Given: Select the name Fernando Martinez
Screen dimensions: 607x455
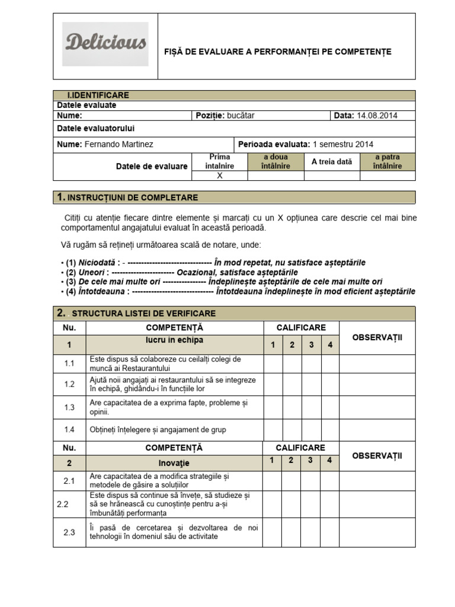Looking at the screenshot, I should [x=119, y=144].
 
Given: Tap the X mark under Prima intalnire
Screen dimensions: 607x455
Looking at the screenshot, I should [x=219, y=176].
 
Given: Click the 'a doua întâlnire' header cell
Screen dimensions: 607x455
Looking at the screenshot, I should [x=275, y=162].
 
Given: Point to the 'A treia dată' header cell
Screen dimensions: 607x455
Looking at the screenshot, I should [x=332, y=162].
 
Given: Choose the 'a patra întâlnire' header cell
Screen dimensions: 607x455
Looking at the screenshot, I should [x=387, y=162].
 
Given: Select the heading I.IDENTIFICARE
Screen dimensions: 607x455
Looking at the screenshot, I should [x=98, y=95].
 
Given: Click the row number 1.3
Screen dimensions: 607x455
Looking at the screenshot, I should [x=69, y=407].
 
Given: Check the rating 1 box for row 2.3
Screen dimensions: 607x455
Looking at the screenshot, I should [x=272, y=532].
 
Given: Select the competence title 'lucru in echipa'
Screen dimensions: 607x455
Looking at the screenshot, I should [x=174, y=340].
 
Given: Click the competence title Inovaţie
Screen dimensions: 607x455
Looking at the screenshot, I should [x=174, y=462].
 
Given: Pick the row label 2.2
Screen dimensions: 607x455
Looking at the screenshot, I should [x=63, y=504].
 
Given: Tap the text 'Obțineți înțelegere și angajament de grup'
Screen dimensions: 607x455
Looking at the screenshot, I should [x=158, y=429].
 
